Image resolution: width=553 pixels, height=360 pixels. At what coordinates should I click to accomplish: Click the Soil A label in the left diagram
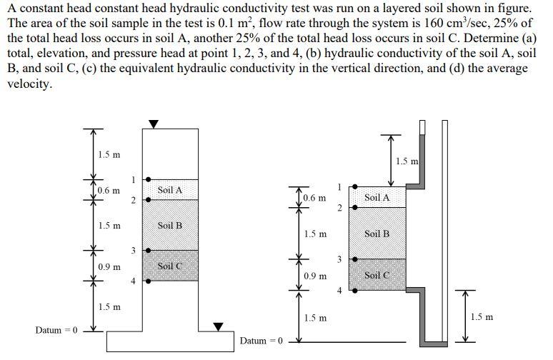(170, 190)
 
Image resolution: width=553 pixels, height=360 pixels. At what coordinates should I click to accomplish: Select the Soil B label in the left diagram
(170, 225)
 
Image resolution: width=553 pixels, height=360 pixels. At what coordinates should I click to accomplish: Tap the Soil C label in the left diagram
(170, 266)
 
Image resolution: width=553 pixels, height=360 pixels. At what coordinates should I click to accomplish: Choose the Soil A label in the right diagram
(377, 197)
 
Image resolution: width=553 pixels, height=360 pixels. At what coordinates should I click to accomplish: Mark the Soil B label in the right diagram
(377, 234)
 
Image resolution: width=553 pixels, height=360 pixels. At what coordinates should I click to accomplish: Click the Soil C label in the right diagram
(377, 275)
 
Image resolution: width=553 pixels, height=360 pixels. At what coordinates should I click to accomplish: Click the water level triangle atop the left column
(153, 124)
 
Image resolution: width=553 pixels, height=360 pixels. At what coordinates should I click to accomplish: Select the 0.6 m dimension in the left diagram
(109, 191)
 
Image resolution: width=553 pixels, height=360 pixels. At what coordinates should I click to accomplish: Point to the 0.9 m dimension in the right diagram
(315, 275)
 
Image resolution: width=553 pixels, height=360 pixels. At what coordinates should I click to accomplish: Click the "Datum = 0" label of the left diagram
(56, 330)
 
